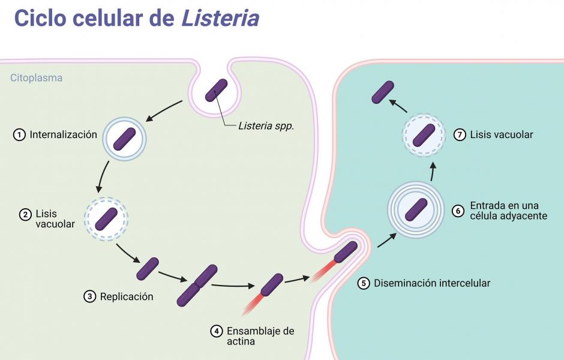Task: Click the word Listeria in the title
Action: pos(220,18)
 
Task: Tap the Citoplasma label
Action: pos(36,78)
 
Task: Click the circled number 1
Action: pos(20,135)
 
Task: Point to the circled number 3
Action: pos(90,296)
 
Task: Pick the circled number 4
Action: pos(217,331)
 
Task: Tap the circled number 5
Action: pos(364,283)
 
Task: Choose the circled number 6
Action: pos(458,211)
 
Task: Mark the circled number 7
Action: pos(460,135)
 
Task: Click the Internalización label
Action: pos(63,135)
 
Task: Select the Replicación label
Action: pos(127,296)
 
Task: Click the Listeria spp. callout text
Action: pos(266,126)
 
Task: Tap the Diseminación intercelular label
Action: pos(432,283)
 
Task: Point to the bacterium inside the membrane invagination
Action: pos(216,90)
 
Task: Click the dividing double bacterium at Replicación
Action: pos(197,285)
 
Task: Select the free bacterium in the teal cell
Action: pos(383,92)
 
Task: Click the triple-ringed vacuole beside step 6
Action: pos(416,209)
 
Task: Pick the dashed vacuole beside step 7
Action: pos(424,135)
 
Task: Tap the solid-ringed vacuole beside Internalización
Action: pos(125,138)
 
